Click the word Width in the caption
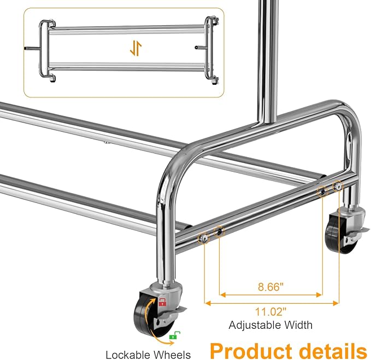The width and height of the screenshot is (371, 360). click(298, 325)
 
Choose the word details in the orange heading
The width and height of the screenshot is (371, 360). click(330, 350)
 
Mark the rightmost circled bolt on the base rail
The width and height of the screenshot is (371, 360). click(339, 187)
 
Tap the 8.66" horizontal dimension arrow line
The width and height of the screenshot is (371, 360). click(272, 295)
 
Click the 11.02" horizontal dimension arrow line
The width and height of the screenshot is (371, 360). click(272, 302)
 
